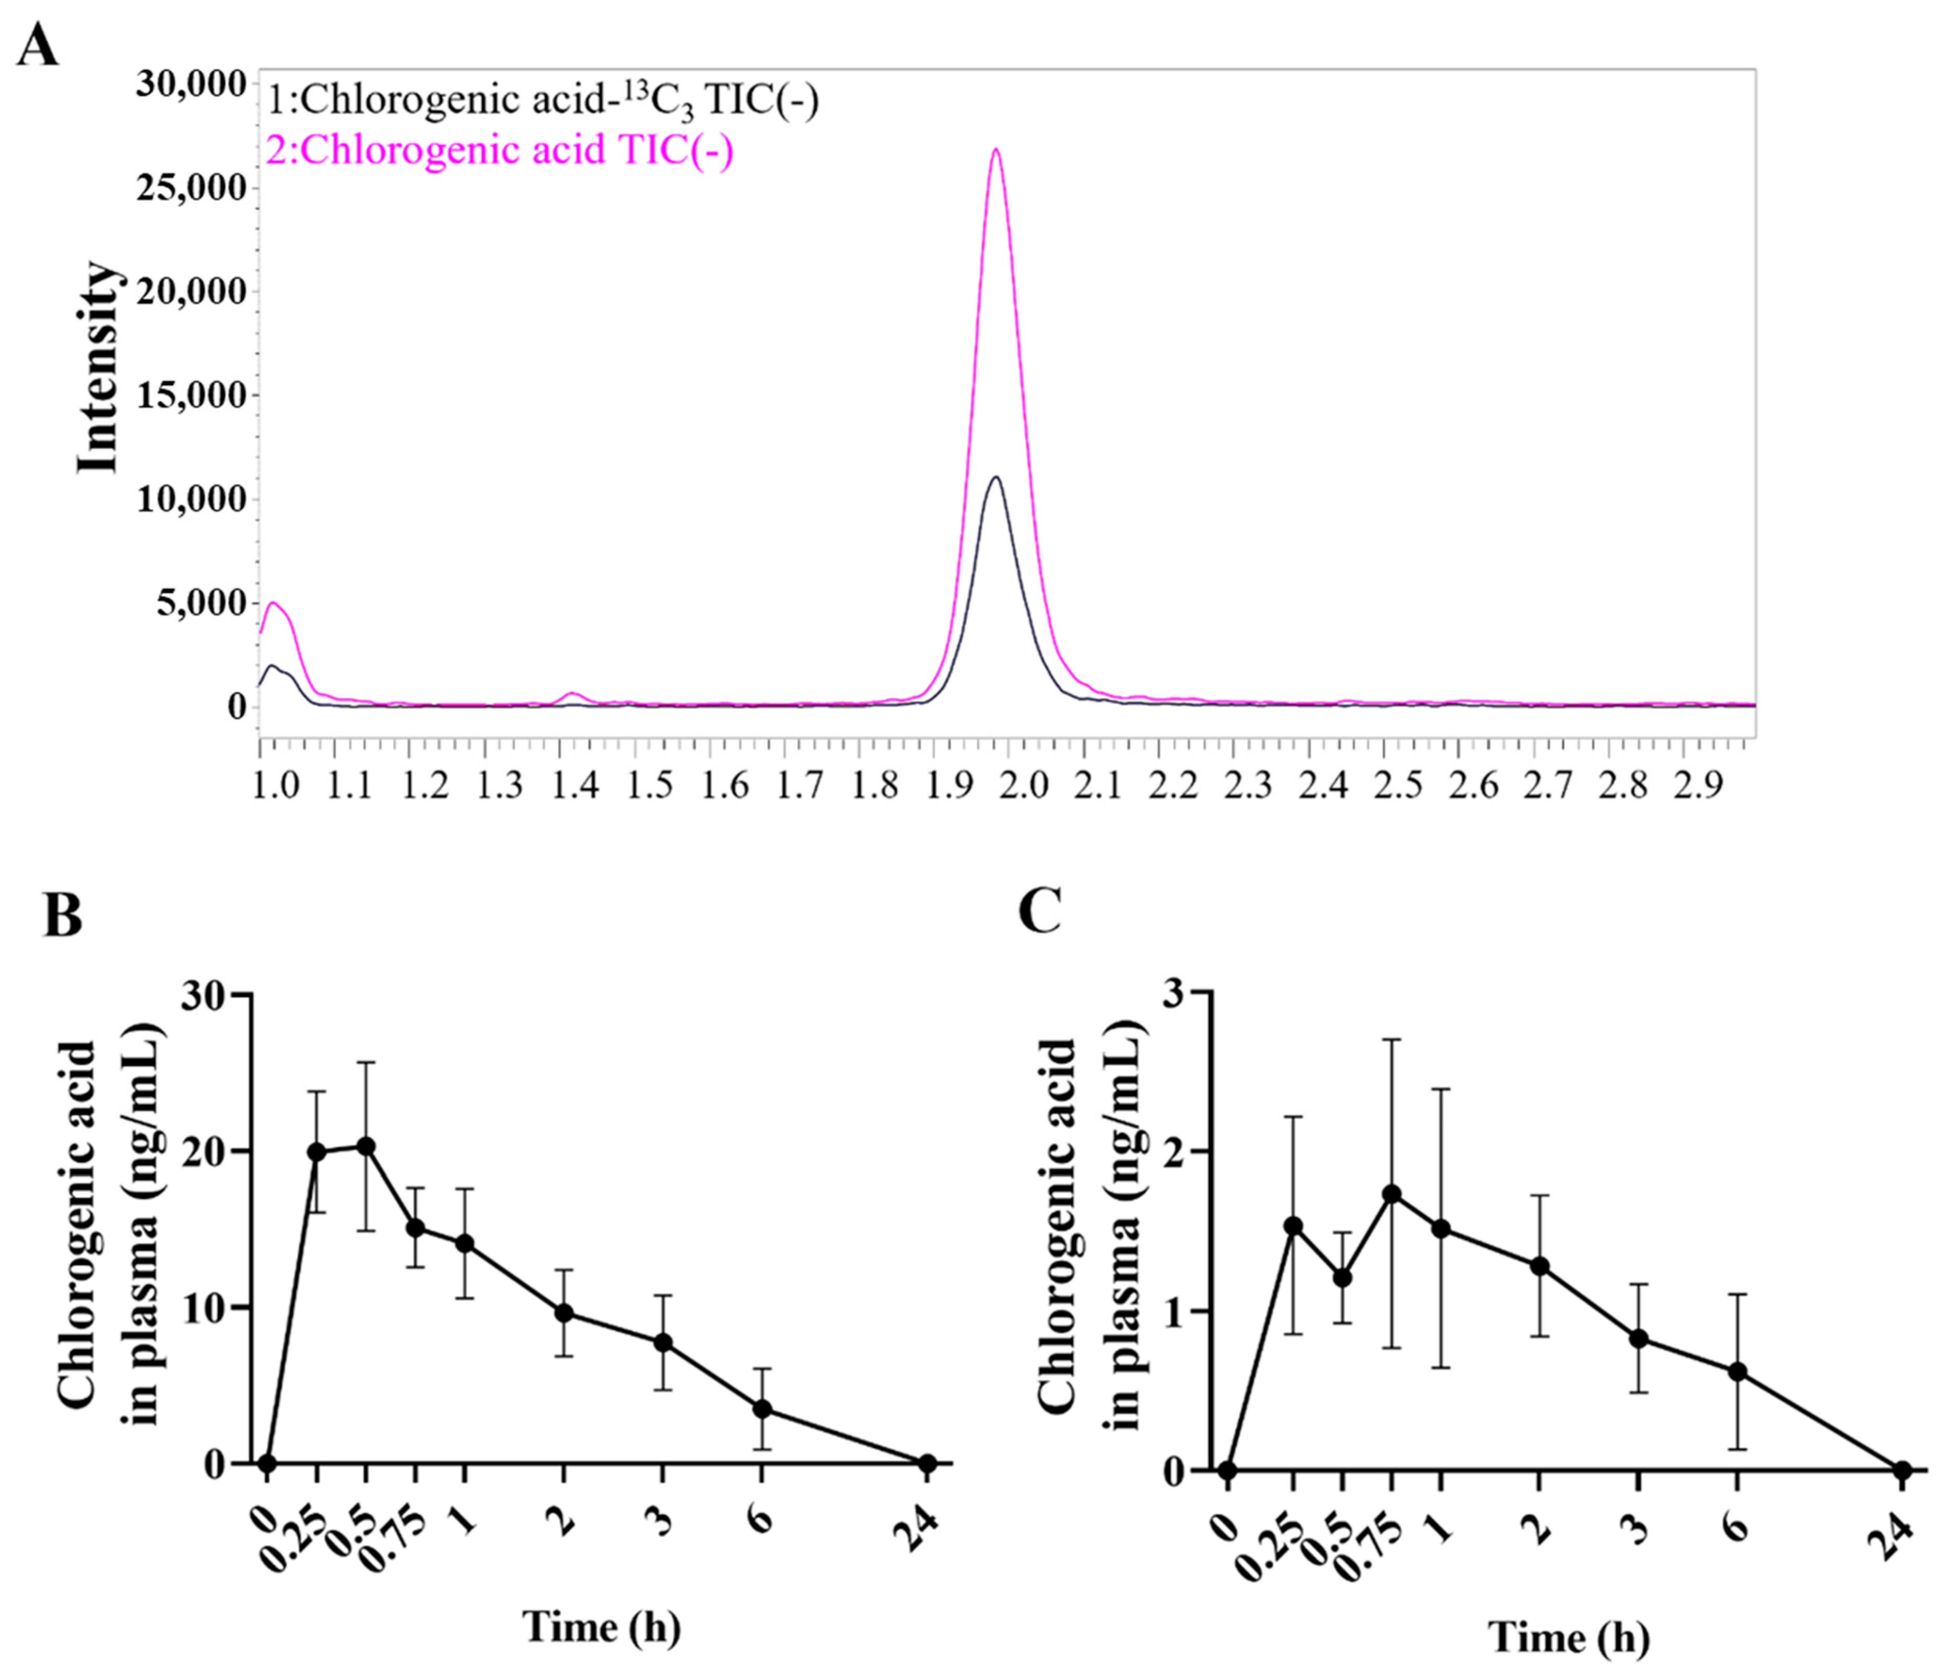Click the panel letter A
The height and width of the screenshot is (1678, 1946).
(x=38, y=44)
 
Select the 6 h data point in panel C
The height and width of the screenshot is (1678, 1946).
(x=1738, y=1372)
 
